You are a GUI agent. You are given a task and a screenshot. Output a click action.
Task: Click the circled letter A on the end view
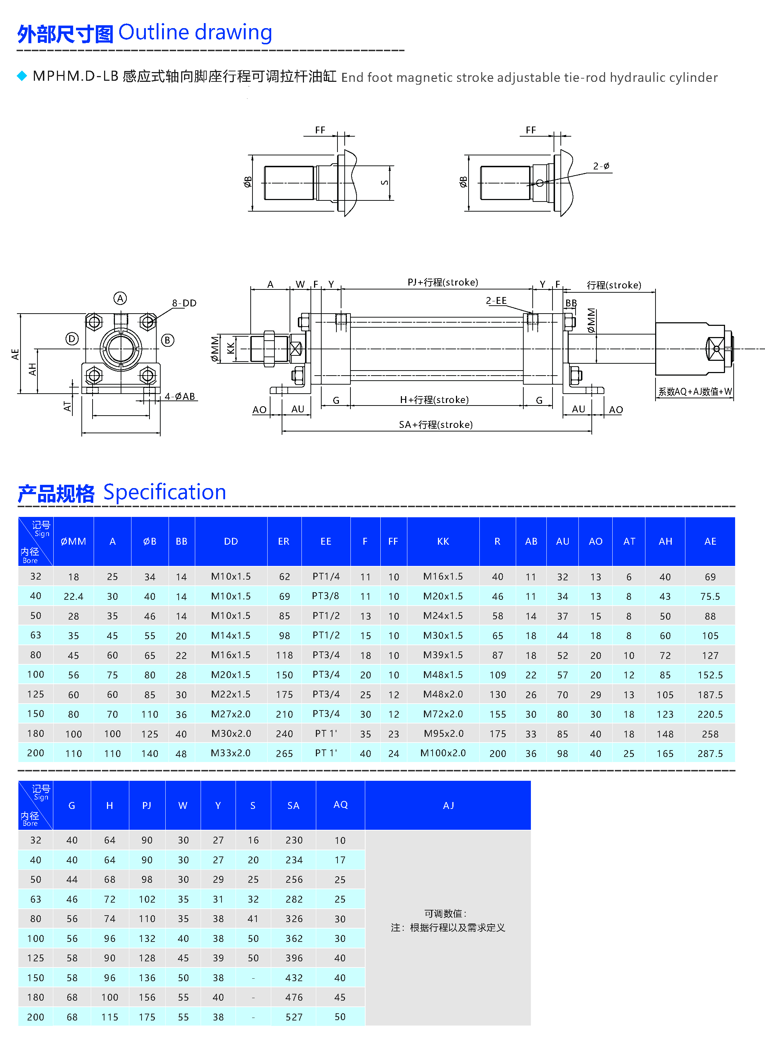click(120, 298)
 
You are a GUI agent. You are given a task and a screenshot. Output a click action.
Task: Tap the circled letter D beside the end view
click(72, 339)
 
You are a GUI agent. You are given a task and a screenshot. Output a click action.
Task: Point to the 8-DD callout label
click(184, 303)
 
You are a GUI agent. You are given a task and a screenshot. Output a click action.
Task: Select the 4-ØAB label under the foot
click(180, 397)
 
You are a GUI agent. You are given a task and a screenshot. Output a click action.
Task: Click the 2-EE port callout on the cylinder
click(496, 301)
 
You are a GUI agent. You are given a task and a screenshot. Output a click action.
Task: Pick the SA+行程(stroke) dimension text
click(436, 424)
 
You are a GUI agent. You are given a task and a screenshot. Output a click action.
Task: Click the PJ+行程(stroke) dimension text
click(443, 282)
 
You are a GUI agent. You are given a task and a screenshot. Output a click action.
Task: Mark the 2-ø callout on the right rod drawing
click(601, 166)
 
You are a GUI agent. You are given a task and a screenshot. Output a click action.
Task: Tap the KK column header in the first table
click(443, 541)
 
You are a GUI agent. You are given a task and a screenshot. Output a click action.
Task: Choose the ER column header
click(284, 541)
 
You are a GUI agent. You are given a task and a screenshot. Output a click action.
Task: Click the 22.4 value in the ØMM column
click(73, 596)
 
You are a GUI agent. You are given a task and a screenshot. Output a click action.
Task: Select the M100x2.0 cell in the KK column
click(443, 753)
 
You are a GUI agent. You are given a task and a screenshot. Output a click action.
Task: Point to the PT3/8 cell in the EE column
click(326, 596)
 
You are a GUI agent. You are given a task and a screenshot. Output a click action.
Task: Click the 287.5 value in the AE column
click(710, 753)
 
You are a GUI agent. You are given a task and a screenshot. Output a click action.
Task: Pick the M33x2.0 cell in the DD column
click(231, 753)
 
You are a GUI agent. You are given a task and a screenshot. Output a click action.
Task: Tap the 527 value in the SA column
click(294, 1017)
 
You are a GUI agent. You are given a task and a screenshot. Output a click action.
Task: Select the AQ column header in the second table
click(340, 805)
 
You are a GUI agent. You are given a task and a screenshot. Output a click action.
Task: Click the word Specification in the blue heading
click(165, 492)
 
